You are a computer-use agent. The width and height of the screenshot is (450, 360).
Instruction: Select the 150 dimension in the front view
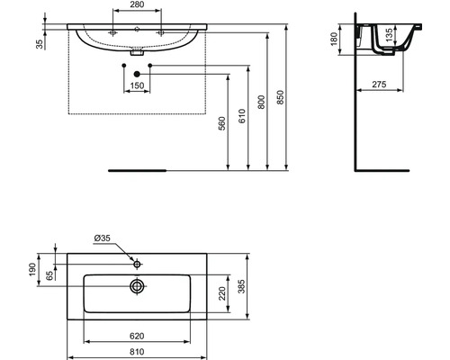[136, 86]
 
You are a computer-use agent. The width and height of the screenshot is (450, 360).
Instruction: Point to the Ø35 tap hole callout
[103, 238]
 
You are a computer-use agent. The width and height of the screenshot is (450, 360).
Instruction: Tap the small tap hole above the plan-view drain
[136, 265]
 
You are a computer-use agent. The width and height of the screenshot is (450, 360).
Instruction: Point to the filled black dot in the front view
[136, 74]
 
